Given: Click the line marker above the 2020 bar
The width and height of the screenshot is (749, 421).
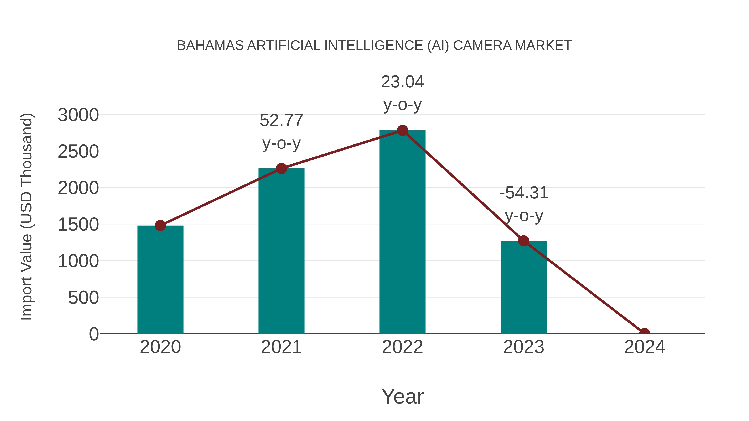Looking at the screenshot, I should point(160,225).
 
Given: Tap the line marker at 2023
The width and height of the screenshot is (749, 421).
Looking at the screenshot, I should point(523,241).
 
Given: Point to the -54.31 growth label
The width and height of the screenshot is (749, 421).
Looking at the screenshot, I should point(524,193).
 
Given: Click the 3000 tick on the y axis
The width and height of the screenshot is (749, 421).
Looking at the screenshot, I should point(78,115).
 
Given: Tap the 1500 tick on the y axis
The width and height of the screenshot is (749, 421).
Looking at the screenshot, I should point(78,225).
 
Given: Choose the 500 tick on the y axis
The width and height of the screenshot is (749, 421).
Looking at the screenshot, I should point(83,298).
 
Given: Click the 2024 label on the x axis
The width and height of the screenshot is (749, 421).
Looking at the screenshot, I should point(645,347).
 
